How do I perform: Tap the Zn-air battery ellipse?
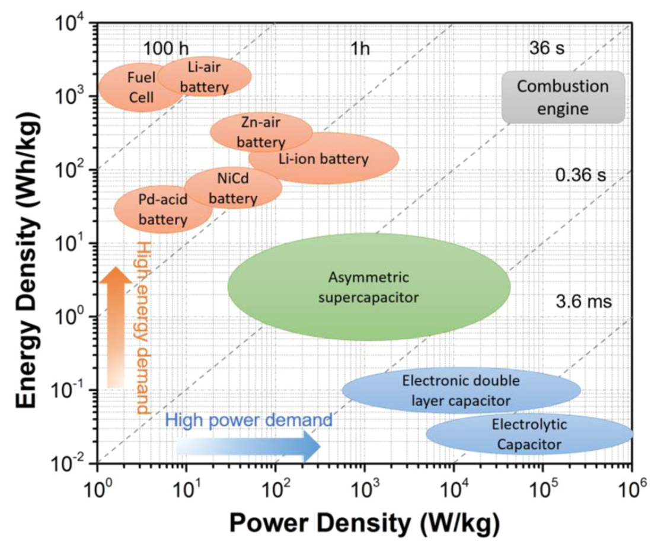pyautogui.click(x=261, y=132)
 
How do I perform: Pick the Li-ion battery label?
pyautogui.click(x=324, y=159)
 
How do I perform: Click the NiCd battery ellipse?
pyautogui.click(x=234, y=188)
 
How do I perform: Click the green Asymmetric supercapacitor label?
pyautogui.click(x=369, y=286)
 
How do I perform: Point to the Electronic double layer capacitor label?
pyautogui.click(x=461, y=390)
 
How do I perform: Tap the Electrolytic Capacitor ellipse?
pyautogui.click(x=529, y=433)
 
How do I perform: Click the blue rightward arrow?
pyautogui.click(x=249, y=446)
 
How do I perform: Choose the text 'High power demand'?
pyautogui.click(x=248, y=420)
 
